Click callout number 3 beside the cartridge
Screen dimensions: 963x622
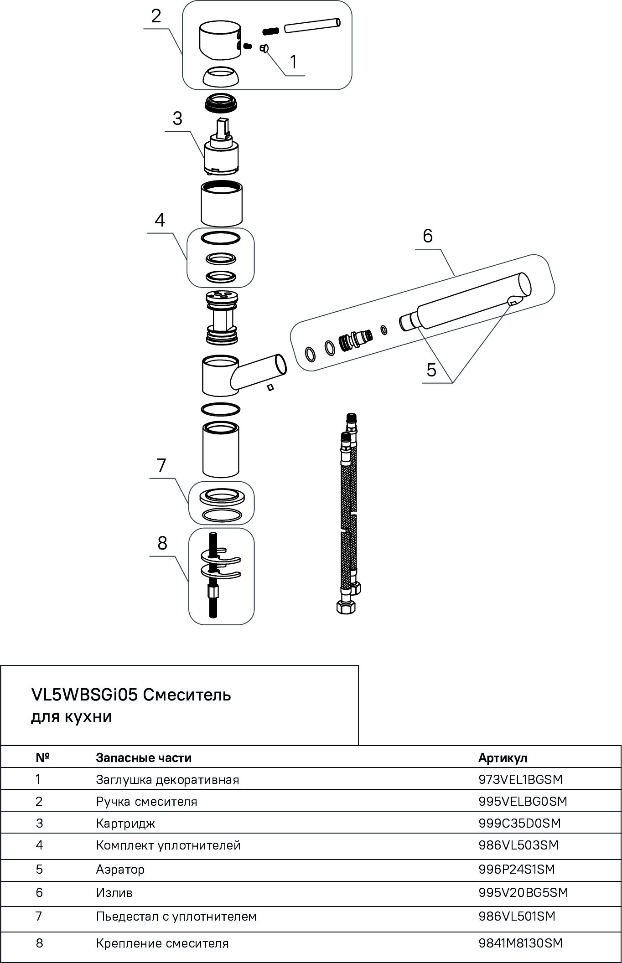tap(177, 118)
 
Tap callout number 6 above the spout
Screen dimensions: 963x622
tap(427, 236)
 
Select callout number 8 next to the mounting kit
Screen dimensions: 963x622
tap(162, 543)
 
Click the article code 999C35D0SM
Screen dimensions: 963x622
tap(519, 823)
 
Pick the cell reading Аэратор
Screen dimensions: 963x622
tap(120, 869)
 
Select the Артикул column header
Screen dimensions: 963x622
tap(503, 757)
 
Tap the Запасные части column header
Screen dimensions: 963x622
tap(144, 757)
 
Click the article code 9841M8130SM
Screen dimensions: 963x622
tap(520, 943)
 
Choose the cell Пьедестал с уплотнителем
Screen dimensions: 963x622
tap(176, 916)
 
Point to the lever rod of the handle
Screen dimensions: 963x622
tap(312, 25)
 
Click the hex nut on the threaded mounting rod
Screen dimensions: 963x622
tap(213, 592)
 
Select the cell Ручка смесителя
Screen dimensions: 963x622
tap(146, 801)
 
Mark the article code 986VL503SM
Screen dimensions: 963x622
tap(518, 845)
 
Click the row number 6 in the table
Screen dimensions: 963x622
tap(39, 892)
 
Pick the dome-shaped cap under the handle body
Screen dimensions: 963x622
tap(221, 76)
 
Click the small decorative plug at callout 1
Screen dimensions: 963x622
tap(264, 48)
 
